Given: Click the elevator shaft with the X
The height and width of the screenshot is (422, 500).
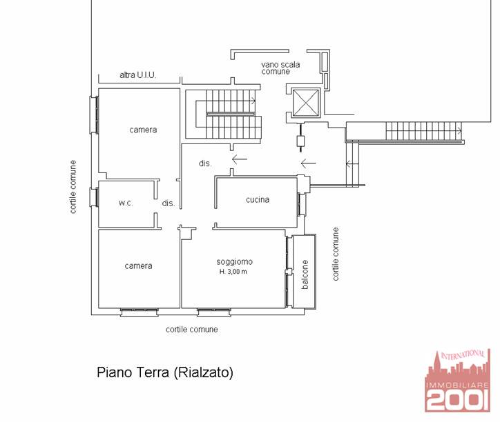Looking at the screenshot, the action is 306,103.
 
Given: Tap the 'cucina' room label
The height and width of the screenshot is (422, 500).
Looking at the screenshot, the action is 258,200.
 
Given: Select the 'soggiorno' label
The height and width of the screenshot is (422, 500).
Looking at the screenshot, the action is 235,262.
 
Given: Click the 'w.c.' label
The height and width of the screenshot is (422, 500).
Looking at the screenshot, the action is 126,203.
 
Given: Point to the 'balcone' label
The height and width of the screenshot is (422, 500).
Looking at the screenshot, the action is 305,274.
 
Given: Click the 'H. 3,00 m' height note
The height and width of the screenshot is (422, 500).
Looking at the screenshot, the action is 233,272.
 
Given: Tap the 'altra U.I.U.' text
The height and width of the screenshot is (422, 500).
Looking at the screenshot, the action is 137,75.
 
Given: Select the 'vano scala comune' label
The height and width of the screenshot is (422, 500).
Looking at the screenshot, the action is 280,68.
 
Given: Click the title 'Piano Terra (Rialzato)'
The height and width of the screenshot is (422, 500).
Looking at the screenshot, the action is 165,372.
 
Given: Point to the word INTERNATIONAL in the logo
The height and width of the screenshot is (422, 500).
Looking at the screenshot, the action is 463,355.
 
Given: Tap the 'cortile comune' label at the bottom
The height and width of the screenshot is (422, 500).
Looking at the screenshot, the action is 192,330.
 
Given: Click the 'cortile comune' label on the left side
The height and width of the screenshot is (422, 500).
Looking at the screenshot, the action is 73,187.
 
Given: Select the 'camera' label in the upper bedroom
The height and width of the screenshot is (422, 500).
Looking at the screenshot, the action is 143,130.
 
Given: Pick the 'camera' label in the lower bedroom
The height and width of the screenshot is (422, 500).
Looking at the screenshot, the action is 138,266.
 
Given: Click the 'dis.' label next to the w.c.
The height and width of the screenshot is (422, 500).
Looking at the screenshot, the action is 169,203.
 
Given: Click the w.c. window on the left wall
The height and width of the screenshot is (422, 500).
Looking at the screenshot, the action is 95,197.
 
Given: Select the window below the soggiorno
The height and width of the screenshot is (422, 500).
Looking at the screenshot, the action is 214,312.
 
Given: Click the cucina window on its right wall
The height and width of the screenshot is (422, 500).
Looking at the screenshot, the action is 302,204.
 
